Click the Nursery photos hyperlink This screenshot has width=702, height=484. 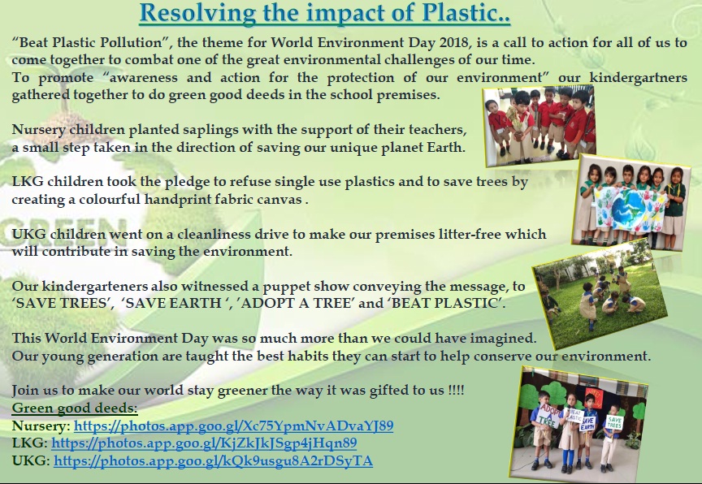tap(234, 426)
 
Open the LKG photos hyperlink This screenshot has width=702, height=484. tap(204, 443)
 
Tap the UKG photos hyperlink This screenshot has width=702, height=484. tap(213, 460)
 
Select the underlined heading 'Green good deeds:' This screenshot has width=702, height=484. tap(75, 408)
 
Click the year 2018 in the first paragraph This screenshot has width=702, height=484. tap(453, 42)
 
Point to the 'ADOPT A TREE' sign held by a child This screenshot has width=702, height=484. tap(550, 416)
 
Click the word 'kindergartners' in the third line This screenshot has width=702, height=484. tap(638, 78)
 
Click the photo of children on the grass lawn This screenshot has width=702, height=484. tap(599, 293)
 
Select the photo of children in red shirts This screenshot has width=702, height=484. tap(540, 126)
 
